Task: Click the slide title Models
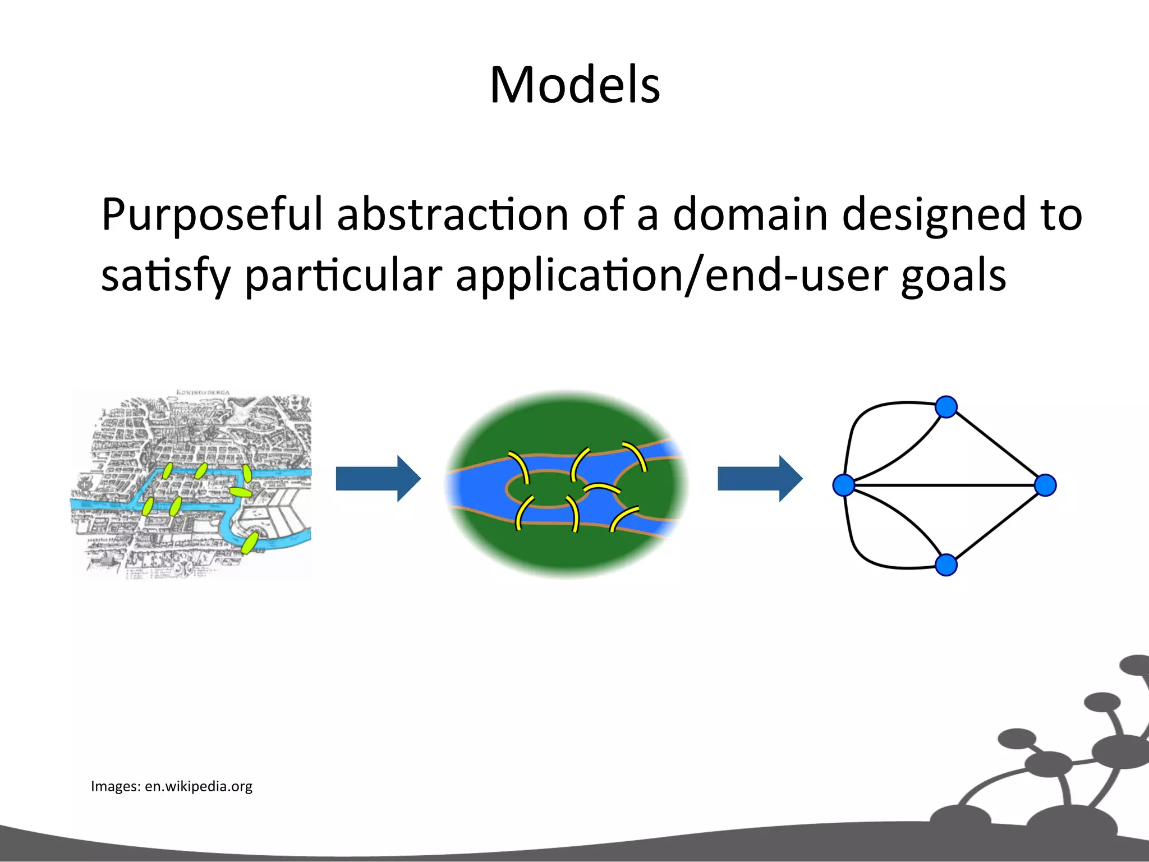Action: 574,85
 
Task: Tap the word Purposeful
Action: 212,215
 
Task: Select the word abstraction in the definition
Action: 452,215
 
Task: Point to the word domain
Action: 750,215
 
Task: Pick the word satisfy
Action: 166,276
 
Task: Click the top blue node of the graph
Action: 946,407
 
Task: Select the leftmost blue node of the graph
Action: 844,485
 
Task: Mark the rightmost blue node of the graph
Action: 1045,485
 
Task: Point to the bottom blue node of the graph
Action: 946,565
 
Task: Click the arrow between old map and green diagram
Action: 378,479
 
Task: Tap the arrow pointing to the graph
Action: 760,479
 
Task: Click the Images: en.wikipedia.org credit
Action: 171,786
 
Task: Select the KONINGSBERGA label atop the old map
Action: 203,392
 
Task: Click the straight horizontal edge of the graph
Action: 945,485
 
